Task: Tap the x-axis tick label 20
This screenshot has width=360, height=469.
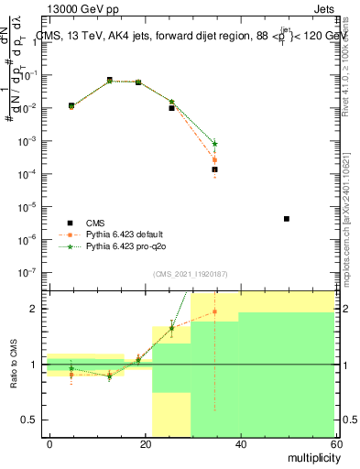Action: tap(145, 443)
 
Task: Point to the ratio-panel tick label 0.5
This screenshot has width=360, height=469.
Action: tap(29, 420)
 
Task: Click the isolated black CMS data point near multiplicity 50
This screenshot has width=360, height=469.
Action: tap(287, 219)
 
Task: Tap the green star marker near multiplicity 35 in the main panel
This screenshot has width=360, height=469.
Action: tap(214, 144)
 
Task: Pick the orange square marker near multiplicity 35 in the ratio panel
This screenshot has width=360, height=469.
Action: tap(214, 311)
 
